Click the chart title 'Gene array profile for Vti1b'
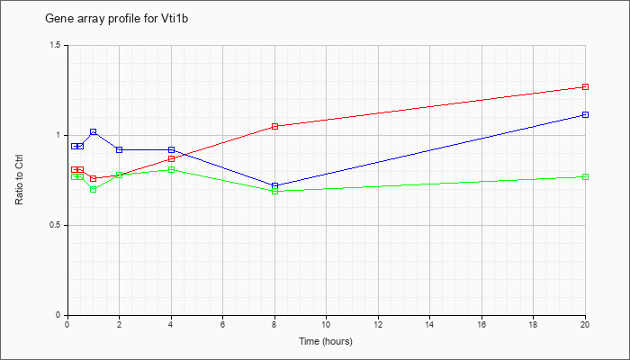coord(116,19)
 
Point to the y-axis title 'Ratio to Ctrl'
coord(19,179)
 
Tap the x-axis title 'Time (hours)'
coord(326,341)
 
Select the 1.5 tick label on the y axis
coord(56,45)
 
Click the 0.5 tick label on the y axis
coord(56,225)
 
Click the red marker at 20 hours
coord(585,86)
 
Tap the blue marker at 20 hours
coord(585,115)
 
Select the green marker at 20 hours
coord(585,176)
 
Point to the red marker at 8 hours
coord(274,127)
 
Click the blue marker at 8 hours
coord(274,185)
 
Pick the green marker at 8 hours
coord(274,191)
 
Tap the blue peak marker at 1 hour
coord(94,131)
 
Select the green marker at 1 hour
coord(94,189)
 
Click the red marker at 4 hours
coord(172,158)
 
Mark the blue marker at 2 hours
coord(120,150)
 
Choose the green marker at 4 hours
coord(172,169)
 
